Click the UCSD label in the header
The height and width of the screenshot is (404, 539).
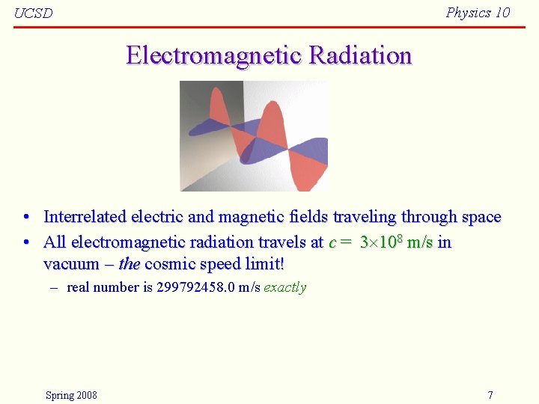[34, 13]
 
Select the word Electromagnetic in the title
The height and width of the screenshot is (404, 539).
[214, 55]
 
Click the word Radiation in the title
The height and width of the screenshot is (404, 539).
[360, 55]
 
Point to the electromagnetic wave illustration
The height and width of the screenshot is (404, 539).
[254, 136]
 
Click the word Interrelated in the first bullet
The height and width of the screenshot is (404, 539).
[85, 217]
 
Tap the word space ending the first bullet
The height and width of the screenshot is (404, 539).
[481, 217]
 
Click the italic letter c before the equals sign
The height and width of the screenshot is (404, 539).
[332, 242]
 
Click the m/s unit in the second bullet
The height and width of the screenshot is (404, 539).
[420, 242]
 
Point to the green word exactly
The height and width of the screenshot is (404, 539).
[284, 287]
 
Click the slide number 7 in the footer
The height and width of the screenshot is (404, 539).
[490, 395]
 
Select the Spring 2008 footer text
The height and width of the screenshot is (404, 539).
[71, 395]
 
